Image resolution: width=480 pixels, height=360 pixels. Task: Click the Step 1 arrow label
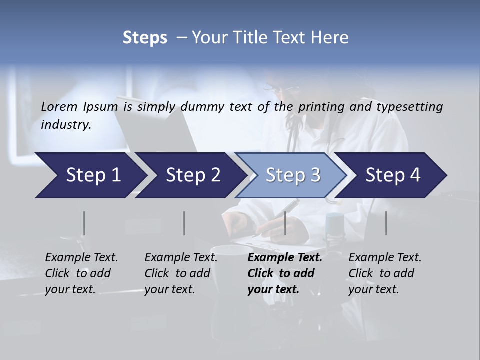pyautogui.click(x=93, y=175)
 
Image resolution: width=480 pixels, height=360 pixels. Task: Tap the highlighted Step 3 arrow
pyautogui.click(x=293, y=175)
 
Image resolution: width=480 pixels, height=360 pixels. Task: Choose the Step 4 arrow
pyautogui.click(x=393, y=175)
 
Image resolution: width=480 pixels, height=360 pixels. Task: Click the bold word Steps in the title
pyautogui.click(x=145, y=38)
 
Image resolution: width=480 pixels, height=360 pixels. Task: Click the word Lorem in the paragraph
pyautogui.click(x=59, y=106)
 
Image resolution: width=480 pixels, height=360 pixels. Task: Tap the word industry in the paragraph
pyautogui.click(x=66, y=125)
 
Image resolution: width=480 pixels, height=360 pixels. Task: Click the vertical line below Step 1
pyautogui.click(x=84, y=223)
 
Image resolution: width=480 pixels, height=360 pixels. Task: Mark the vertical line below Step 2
pyautogui.click(x=184, y=223)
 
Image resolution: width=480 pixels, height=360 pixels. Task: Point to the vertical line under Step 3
pyautogui.click(x=285, y=223)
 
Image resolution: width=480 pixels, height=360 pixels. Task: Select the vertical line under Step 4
pyautogui.click(x=386, y=223)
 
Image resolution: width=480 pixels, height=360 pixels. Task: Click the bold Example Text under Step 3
pyautogui.click(x=285, y=258)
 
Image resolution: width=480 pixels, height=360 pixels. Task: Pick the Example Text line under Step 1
pyautogui.click(x=81, y=258)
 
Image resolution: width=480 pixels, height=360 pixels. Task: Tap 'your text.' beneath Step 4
pyautogui.click(x=373, y=289)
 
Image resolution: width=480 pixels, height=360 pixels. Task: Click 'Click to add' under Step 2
pyautogui.click(x=177, y=273)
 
